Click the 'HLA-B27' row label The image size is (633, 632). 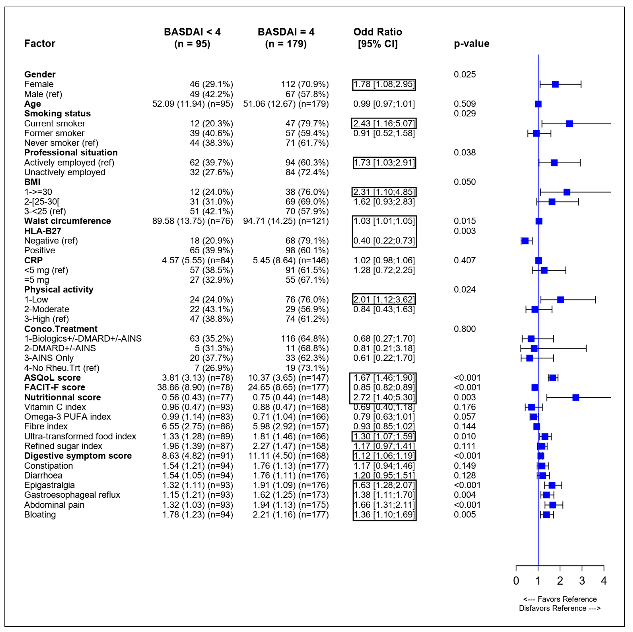pos(43,231)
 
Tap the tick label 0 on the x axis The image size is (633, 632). pos(516,581)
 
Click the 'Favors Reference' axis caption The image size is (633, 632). pos(560,599)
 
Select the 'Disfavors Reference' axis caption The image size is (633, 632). pos(560,608)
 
